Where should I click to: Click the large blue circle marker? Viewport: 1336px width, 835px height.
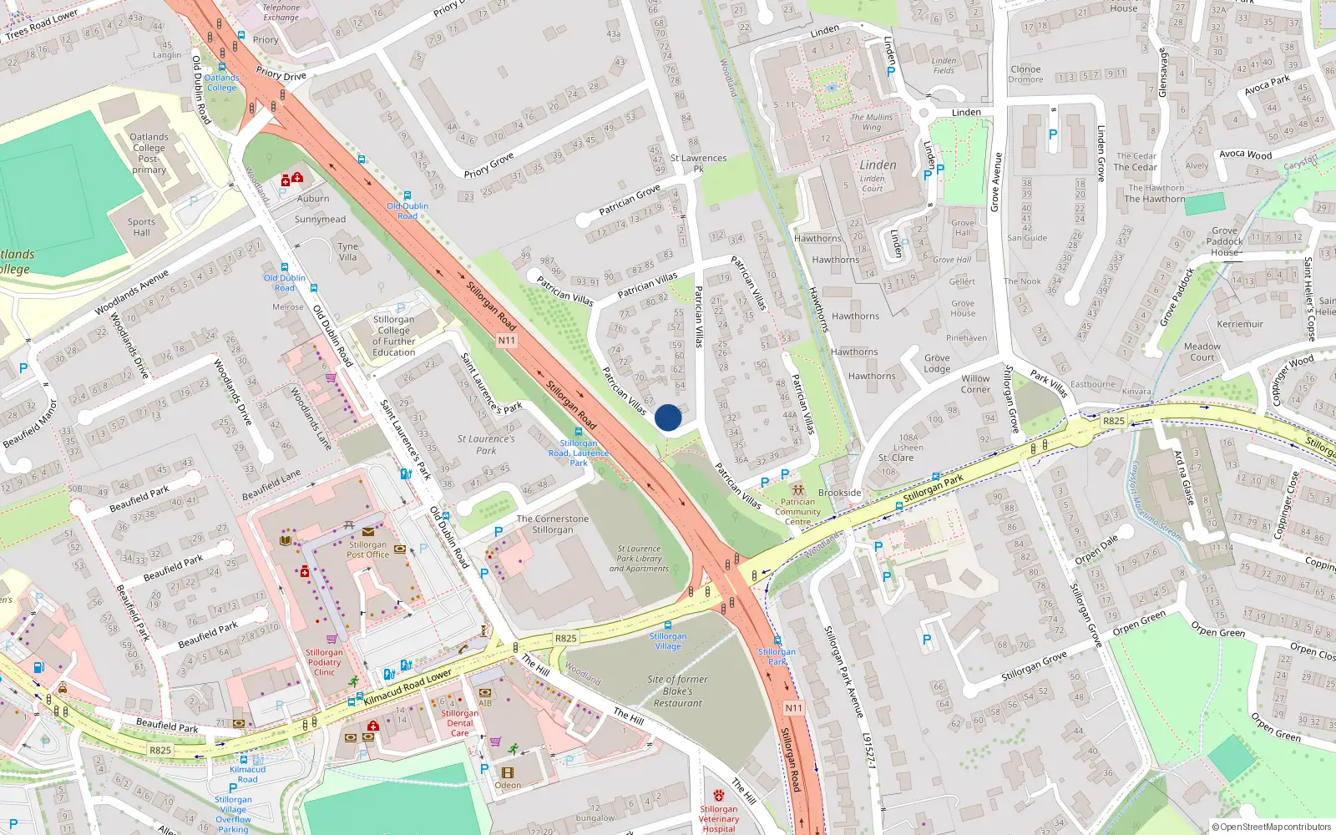(668, 417)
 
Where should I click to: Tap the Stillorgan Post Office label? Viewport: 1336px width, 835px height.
(368, 549)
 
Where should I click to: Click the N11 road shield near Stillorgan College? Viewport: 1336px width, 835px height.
(506, 340)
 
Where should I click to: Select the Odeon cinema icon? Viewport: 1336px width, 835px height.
(506, 773)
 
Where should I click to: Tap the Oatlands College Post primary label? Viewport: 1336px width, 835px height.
(149, 153)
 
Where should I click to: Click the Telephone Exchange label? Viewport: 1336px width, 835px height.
(281, 12)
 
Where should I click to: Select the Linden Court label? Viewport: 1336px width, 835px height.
(873, 183)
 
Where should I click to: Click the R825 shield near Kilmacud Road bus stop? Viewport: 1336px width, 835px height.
(160, 750)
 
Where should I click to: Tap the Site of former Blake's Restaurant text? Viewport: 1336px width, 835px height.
(677, 691)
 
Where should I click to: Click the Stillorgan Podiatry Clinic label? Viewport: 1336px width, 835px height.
(324, 662)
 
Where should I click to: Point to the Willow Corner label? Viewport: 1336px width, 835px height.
(975, 384)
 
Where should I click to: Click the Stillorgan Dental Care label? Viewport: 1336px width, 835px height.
(460, 723)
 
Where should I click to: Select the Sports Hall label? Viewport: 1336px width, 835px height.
(141, 227)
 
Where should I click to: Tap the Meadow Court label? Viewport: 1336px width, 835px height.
(1202, 352)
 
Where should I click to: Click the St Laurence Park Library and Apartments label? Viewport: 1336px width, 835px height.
(639, 559)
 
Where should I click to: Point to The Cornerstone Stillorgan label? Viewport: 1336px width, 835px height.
(552, 524)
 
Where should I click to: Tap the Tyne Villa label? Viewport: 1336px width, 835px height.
(348, 251)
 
